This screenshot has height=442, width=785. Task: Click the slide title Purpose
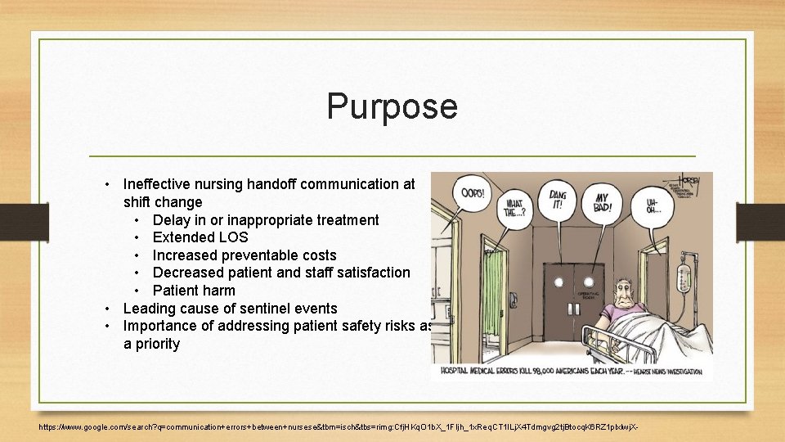pos(392,106)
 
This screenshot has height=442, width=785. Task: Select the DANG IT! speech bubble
pos(556,198)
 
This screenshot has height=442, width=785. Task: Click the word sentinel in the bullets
pos(250,309)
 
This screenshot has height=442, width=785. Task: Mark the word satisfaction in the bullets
pos(371,273)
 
